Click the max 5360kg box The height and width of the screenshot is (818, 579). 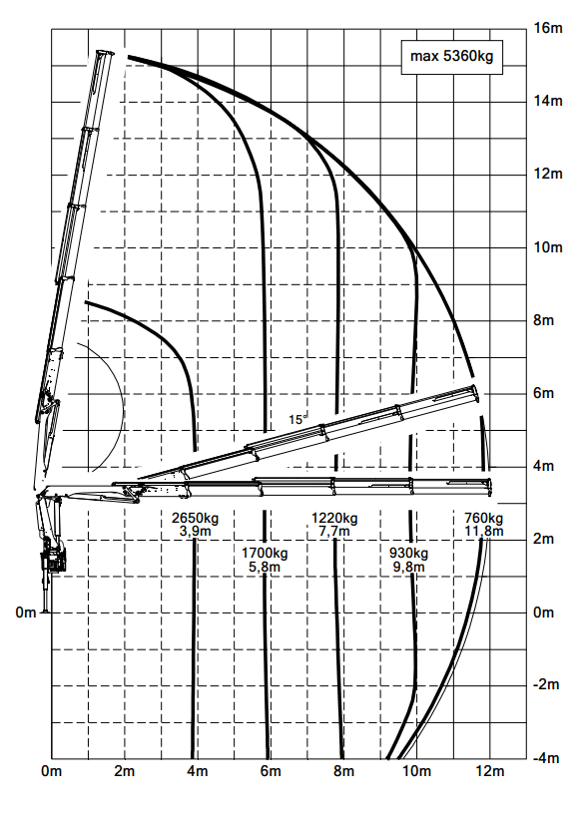tap(451, 57)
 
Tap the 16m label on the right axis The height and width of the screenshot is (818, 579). tap(548, 28)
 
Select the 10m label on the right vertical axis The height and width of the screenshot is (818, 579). tap(548, 246)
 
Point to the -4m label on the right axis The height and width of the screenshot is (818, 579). tap(546, 757)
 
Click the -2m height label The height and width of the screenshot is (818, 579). tap(546, 684)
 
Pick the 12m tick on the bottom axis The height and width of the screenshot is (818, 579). tap(490, 771)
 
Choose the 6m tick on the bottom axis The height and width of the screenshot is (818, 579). tap(271, 771)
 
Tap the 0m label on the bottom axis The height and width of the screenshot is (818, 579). tap(51, 771)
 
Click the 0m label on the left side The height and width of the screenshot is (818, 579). tap(26, 612)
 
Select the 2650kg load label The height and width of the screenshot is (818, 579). tap(196, 519)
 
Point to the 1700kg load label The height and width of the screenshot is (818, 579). tap(265, 553)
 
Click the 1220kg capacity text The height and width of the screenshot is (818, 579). tap(334, 519)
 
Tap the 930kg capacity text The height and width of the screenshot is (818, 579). tap(409, 553)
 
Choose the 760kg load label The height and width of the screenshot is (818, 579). tap(484, 519)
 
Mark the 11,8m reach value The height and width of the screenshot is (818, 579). tap(484, 531)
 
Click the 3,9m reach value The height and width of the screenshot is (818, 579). tap(196, 531)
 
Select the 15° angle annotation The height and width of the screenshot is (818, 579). tap(297, 419)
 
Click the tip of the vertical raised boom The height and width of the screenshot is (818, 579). tap(105, 53)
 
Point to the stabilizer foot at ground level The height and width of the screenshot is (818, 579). tap(46, 611)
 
